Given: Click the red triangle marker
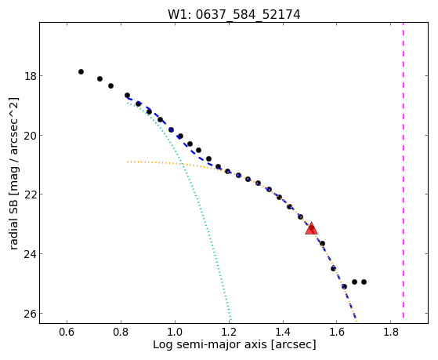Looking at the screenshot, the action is tap(311, 228).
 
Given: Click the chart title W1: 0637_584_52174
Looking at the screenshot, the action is tap(233, 15).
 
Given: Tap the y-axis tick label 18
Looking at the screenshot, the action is tap(30, 76).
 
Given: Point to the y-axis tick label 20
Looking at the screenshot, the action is tap(30, 136).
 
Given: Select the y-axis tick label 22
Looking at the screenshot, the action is tap(30, 195).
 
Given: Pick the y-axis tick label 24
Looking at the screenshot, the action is tap(30, 254).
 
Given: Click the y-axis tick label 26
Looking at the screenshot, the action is tap(30, 314).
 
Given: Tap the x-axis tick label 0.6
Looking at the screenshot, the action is tap(67, 332).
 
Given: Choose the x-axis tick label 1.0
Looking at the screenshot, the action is tap(175, 332).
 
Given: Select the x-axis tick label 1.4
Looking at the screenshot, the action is tap(283, 332).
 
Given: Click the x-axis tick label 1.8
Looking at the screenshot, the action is tap(391, 332).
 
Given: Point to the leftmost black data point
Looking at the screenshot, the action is tap(81, 72).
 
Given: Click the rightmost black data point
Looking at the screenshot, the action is tap(364, 282).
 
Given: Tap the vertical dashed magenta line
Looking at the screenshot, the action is tap(403, 170).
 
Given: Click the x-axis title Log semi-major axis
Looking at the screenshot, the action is tap(210, 345).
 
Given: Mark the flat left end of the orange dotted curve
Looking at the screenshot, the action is tap(128, 162).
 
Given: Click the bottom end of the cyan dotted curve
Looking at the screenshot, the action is tap(230, 319).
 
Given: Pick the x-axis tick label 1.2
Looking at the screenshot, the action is tap(229, 332).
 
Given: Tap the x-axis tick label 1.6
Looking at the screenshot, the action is tap(337, 332).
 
